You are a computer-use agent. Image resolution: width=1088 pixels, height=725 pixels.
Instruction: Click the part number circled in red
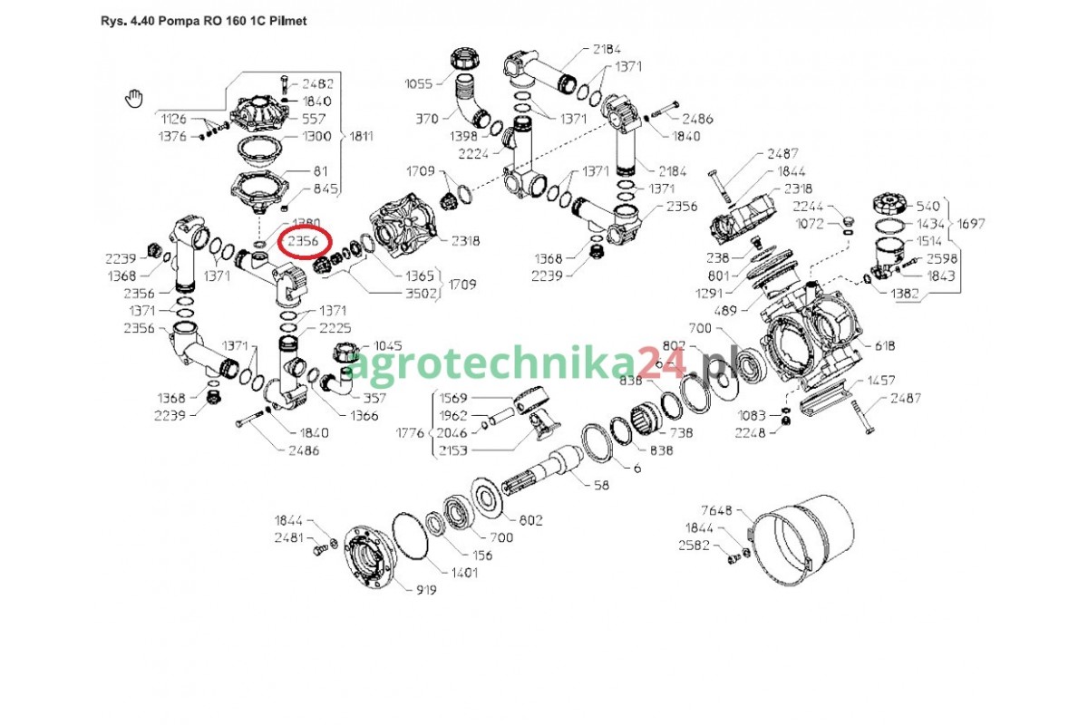click(303, 241)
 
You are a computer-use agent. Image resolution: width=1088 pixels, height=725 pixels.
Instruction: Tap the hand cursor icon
click(134, 99)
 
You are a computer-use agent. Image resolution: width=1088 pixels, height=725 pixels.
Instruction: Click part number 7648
click(716, 510)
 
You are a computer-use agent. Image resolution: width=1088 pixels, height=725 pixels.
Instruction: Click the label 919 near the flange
click(426, 590)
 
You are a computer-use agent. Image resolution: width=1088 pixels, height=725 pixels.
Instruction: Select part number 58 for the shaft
click(601, 485)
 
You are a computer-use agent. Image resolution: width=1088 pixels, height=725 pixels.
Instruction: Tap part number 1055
click(419, 84)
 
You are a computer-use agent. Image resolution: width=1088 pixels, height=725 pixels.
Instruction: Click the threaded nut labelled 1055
click(466, 59)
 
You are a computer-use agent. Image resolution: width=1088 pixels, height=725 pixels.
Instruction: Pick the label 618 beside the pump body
click(885, 346)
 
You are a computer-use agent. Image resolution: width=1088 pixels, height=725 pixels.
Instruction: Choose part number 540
click(928, 207)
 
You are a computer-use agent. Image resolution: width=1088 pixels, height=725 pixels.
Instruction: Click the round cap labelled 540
click(890, 204)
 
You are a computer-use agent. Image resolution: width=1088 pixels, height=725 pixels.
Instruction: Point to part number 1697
click(971, 224)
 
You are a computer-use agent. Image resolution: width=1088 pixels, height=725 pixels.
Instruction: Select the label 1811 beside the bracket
click(362, 137)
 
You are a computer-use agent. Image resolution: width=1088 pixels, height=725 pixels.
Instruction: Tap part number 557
click(314, 119)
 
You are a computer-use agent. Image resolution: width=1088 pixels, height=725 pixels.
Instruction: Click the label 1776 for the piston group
click(411, 432)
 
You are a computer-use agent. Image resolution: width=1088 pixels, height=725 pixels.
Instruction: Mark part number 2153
click(453, 450)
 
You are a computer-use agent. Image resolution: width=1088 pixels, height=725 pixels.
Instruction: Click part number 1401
click(464, 573)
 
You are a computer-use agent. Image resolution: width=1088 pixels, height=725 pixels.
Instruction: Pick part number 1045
click(388, 346)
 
